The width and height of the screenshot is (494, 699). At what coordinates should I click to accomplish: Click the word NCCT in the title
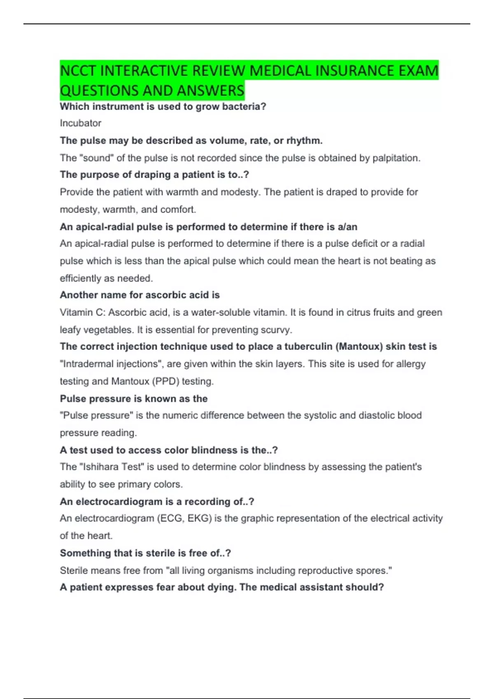78,71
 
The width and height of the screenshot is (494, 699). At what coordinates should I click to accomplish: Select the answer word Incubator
80,123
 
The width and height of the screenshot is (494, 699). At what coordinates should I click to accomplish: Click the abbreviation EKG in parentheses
199,518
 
